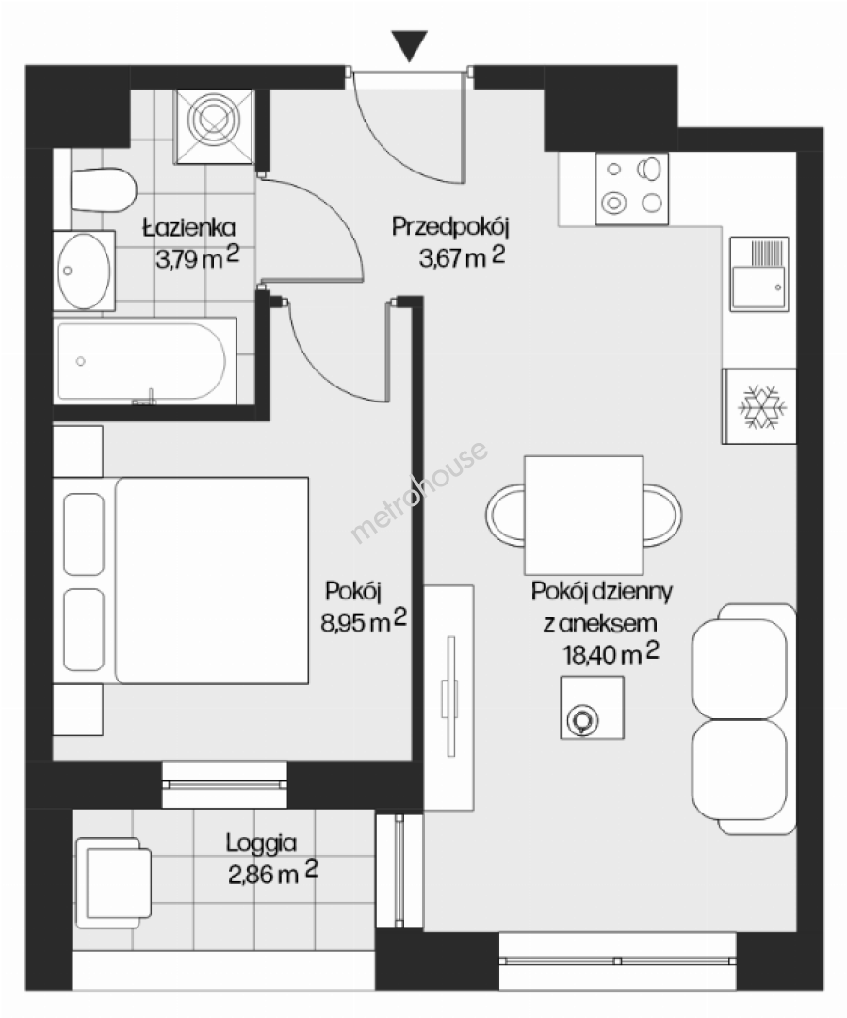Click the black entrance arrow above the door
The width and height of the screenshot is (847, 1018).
pyautogui.click(x=410, y=45)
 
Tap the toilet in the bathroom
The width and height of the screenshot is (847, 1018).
pyautogui.click(x=104, y=190)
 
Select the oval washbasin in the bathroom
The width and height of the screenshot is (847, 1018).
pyautogui.click(x=84, y=271)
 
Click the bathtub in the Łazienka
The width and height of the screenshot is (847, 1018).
pyautogui.click(x=144, y=361)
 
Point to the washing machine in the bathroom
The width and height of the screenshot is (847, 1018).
pyautogui.click(x=214, y=126)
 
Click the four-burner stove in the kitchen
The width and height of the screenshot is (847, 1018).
pyautogui.click(x=631, y=189)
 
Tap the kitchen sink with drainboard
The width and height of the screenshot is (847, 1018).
pyautogui.click(x=758, y=273)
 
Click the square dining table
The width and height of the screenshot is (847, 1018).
pyautogui.click(x=583, y=515)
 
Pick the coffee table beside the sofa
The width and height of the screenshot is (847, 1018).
pyautogui.click(x=592, y=707)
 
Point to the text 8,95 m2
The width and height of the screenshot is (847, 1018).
pyautogui.click(x=364, y=621)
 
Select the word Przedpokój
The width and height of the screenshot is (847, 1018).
pyautogui.click(x=449, y=226)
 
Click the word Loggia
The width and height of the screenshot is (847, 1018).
pyautogui.click(x=261, y=844)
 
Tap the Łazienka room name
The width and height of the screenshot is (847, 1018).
pyautogui.click(x=188, y=227)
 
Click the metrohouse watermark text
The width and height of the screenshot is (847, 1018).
pyautogui.click(x=419, y=491)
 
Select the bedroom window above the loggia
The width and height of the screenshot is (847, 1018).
pyautogui.click(x=224, y=784)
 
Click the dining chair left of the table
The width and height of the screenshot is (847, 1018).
pyautogui.click(x=506, y=515)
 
